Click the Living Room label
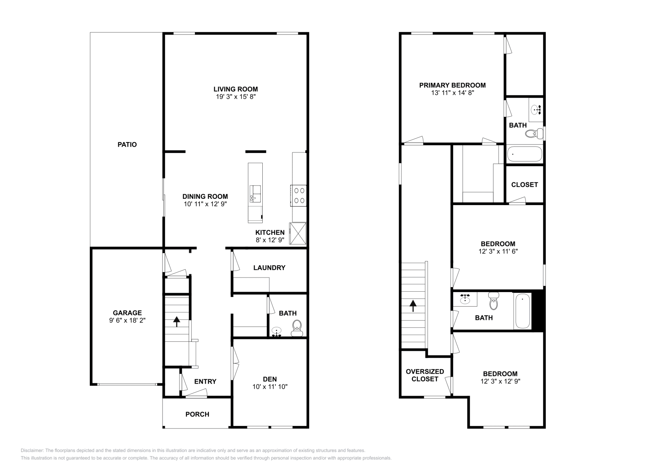click(235, 89)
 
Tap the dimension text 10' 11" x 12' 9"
click(205, 204)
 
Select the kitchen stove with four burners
click(299, 196)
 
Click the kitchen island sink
click(255, 194)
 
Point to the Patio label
click(127, 145)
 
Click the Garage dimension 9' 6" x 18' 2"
click(127, 320)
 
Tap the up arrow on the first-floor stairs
click(177, 321)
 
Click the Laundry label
click(269, 268)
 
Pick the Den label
click(270, 379)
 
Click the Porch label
click(197, 414)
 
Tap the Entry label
click(205, 382)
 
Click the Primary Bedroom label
click(452, 85)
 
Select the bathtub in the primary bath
click(524, 154)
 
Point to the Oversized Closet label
click(425, 375)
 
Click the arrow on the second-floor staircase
click(413, 306)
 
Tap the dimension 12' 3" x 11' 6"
click(498, 251)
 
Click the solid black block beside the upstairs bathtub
click(537, 310)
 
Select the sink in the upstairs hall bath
click(466, 298)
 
